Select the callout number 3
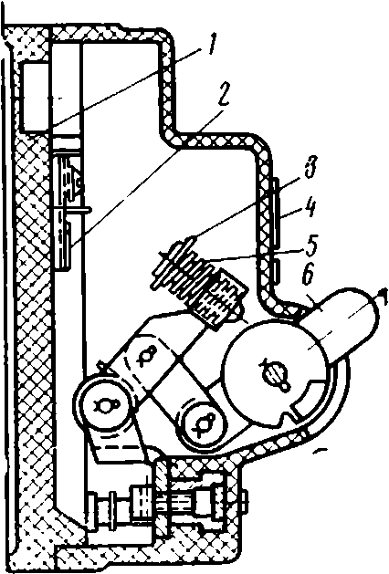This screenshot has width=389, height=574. point(312,168)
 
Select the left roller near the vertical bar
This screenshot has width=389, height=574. point(104,404)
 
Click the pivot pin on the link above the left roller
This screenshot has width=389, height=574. point(145,354)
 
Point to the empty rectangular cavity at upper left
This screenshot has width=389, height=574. point(36,98)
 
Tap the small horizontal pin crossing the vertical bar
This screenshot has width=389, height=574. point(70,209)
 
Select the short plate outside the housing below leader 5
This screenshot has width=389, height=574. point(278,272)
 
